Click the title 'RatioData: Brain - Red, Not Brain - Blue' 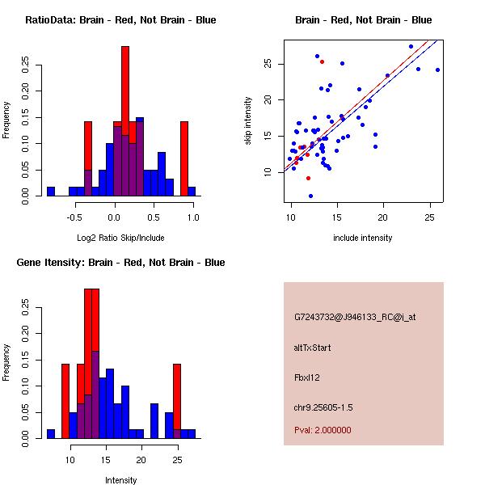120,20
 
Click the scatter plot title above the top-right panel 363,20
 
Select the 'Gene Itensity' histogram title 120,263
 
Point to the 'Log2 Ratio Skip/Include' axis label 120,238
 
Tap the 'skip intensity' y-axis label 249,121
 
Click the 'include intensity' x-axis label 363,238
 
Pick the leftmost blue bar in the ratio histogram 50,192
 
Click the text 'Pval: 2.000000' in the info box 323,430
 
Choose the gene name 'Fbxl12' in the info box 308,377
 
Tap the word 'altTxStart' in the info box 313,348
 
